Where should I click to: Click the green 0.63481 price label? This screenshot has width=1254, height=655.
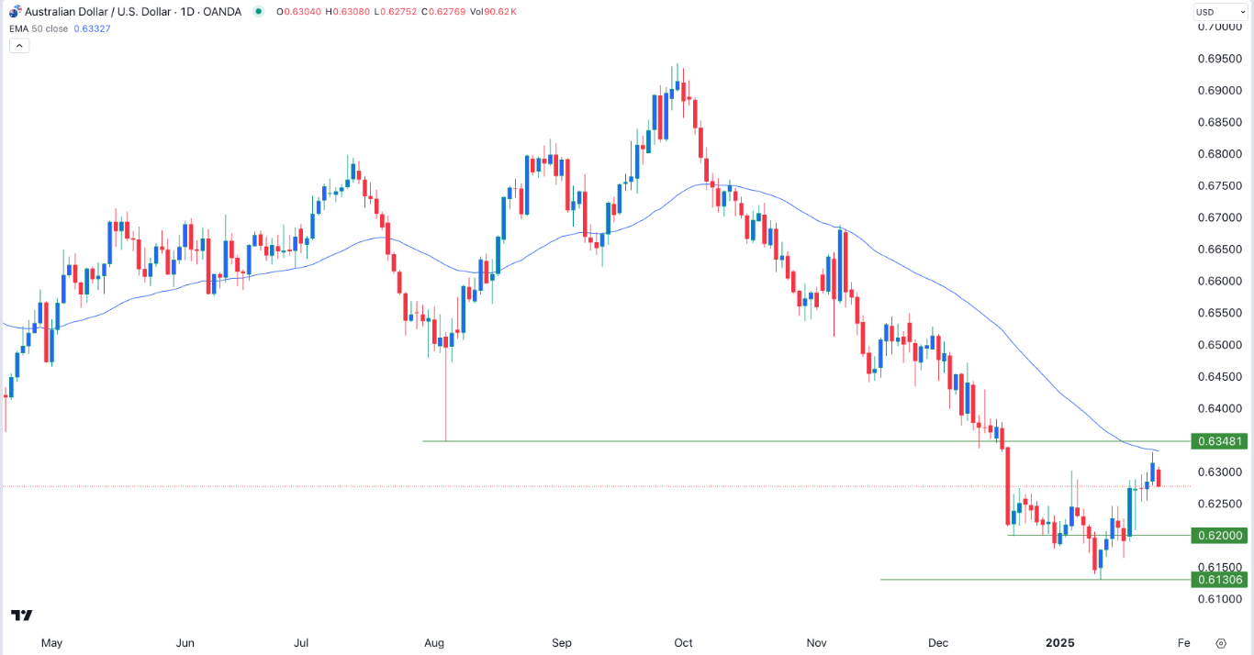1218,441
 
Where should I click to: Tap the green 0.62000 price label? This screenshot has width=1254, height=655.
1218,535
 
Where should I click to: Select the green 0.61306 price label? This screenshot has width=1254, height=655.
1218,579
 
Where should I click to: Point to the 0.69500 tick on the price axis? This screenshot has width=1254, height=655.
1220,59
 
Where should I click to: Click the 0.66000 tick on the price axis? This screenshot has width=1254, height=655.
1220,281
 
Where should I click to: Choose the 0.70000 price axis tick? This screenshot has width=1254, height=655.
1220,27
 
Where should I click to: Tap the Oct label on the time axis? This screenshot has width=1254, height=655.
682,643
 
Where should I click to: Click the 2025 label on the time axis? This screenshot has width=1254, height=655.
1059,643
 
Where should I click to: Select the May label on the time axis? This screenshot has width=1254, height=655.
51,643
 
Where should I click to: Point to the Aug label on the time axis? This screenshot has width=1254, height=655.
435,643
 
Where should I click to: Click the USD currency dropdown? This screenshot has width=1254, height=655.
1219,12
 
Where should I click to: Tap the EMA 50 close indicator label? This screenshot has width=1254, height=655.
39,28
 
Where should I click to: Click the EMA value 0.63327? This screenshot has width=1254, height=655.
92,28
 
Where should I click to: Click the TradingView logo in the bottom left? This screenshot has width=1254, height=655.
22,616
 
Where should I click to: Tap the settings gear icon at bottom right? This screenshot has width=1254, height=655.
1221,643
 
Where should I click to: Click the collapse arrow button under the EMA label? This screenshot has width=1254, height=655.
20,45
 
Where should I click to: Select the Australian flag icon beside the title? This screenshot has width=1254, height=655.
14,11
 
